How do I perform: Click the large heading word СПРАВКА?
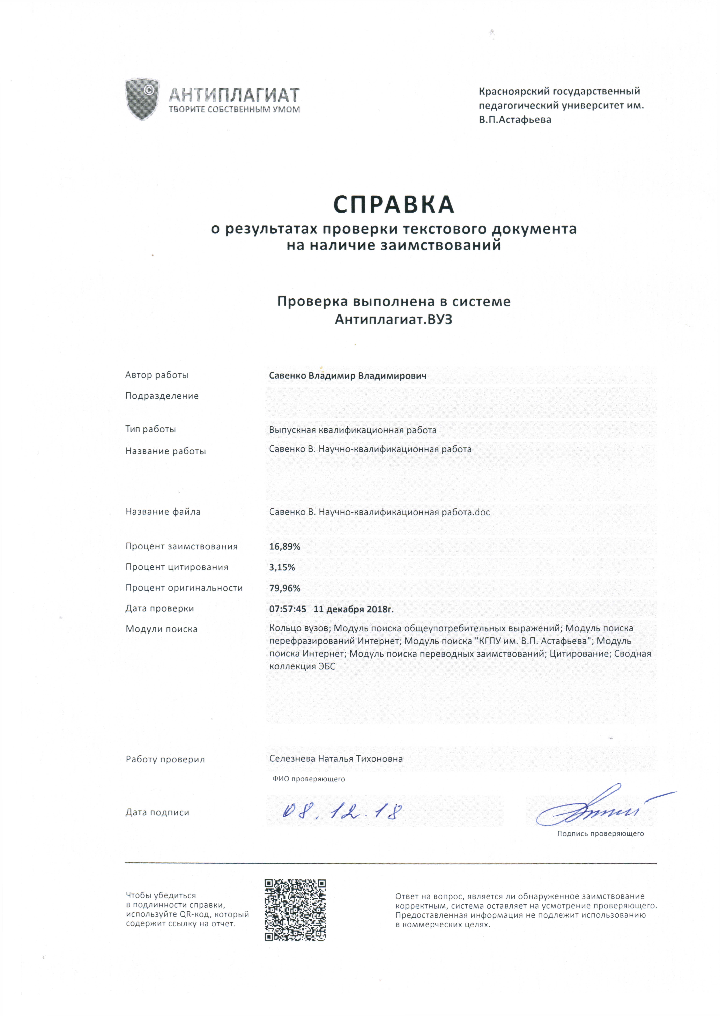click(394, 204)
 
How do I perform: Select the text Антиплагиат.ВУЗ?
click(394, 320)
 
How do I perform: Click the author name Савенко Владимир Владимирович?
click(348, 376)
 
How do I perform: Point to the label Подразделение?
click(162, 396)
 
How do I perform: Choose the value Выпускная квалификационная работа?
click(352, 430)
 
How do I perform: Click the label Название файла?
click(163, 512)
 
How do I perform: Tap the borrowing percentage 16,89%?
click(285, 547)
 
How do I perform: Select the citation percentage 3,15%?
click(282, 567)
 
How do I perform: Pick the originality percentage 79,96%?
click(285, 588)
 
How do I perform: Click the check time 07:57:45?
click(287, 609)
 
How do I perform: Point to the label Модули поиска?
click(161, 629)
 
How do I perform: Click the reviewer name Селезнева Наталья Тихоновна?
click(336, 758)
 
